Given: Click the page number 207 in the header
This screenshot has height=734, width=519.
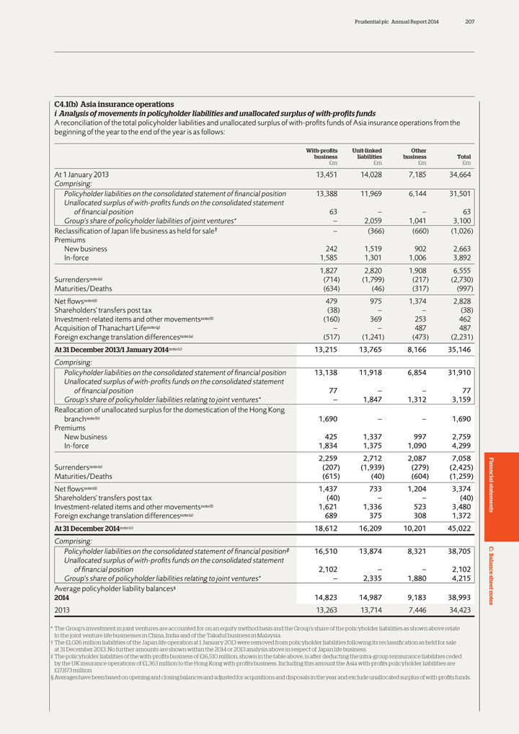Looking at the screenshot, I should coord(469,22).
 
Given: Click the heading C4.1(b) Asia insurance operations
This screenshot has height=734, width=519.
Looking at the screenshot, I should coord(114,105).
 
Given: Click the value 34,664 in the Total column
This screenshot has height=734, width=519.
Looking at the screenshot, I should coord(459,174).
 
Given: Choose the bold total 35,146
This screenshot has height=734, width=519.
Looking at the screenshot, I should coord(459,330).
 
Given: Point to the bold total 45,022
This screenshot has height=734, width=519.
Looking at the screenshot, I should coord(459,528).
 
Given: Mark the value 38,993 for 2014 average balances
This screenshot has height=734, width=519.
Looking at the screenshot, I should coord(459,598).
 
